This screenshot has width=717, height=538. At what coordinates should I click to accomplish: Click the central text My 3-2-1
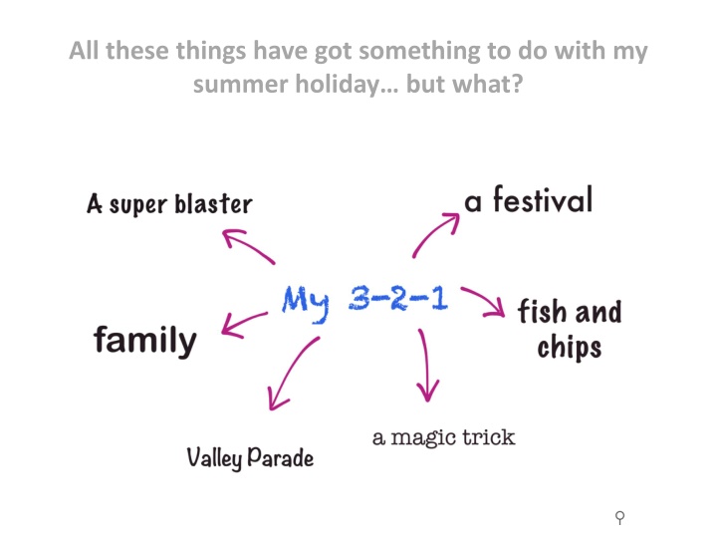(364, 303)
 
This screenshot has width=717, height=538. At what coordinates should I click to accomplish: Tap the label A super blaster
(169, 203)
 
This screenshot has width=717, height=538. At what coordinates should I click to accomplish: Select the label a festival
(528, 199)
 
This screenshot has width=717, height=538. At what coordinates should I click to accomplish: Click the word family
(145, 341)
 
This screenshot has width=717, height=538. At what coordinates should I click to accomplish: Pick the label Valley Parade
(250, 458)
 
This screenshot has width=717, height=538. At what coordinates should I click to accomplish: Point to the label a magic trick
(443, 437)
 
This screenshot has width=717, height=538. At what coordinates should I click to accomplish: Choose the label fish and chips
(570, 329)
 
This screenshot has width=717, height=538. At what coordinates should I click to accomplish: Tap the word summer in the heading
(241, 85)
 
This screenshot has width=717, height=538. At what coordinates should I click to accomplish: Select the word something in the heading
(419, 52)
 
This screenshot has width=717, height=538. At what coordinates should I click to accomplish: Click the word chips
(570, 348)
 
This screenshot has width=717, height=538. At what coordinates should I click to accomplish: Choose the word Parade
(281, 457)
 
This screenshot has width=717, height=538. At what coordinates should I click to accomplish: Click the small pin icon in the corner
(620, 517)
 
